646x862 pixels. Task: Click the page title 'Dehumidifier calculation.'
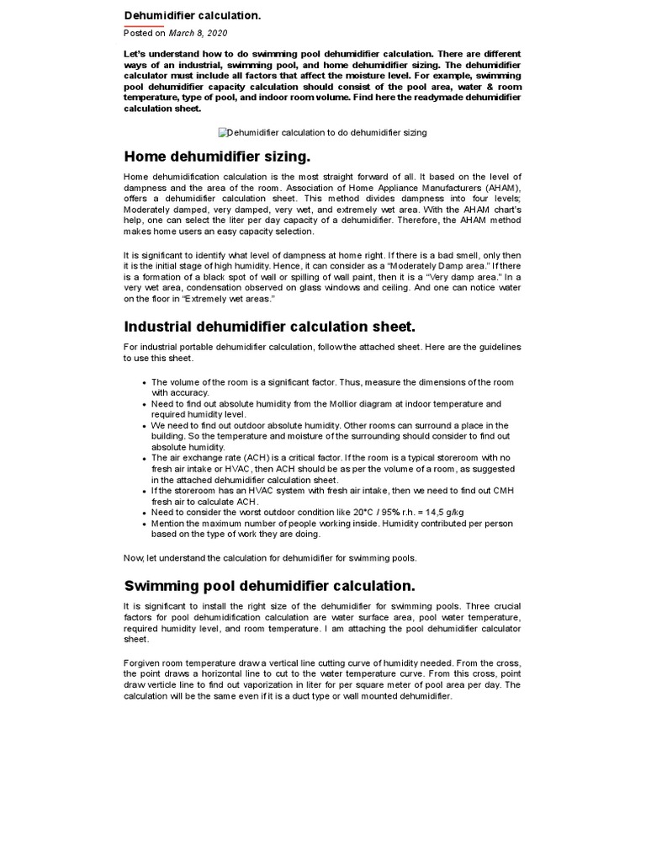(x=181, y=15)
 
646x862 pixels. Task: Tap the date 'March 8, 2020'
(x=199, y=33)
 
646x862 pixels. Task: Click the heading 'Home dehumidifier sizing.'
(x=217, y=157)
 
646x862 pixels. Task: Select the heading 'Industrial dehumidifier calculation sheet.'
(x=270, y=327)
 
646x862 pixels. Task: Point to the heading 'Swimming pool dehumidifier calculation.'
(x=270, y=585)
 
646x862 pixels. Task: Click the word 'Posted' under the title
(x=138, y=33)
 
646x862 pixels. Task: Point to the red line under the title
(x=144, y=25)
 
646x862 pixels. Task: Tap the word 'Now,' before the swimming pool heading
(x=135, y=557)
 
